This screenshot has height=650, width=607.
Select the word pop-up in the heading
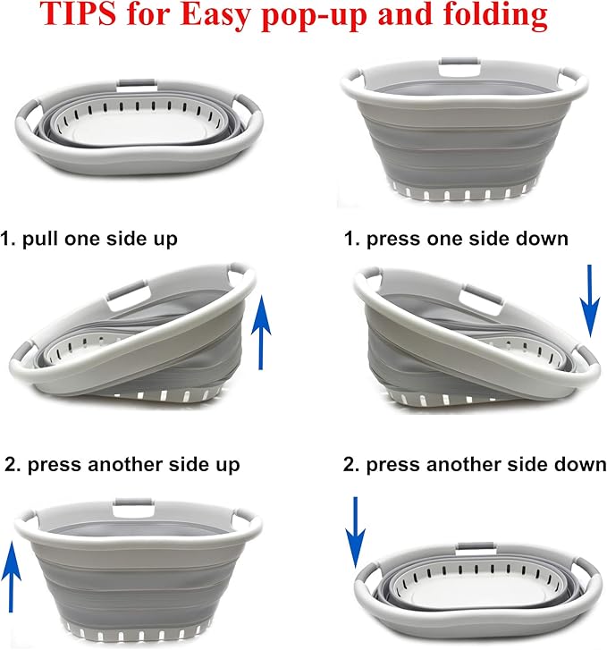(x=315, y=17)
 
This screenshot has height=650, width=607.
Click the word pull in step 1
(x=40, y=240)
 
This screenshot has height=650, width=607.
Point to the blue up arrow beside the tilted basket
(x=261, y=332)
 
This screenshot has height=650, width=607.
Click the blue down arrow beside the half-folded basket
(x=590, y=301)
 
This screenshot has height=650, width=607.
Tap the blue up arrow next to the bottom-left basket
(x=12, y=576)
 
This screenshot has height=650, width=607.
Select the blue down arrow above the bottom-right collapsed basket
(x=355, y=532)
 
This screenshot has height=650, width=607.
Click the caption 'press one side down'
(x=467, y=240)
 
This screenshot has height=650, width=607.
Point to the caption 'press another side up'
(x=133, y=465)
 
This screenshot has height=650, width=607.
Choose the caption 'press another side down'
(x=486, y=465)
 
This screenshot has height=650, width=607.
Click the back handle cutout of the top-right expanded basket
(x=459, y=69)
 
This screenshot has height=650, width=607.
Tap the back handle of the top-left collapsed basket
(x=137, y=84)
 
